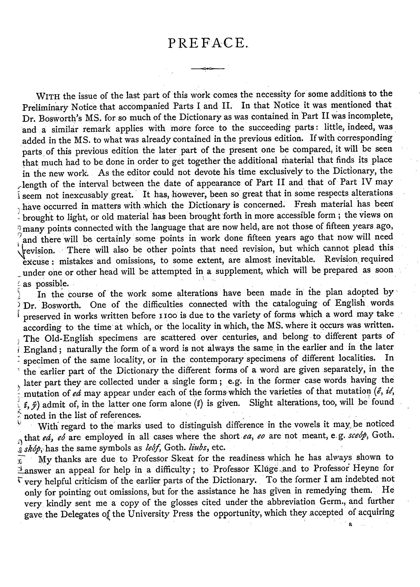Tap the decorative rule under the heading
208,68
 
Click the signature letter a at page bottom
350,525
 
